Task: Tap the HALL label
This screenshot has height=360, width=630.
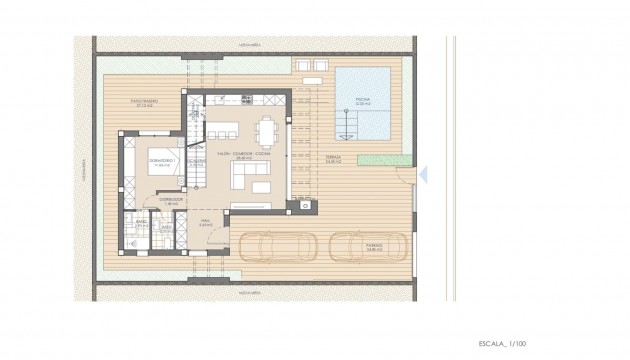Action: click(x=206, y=224)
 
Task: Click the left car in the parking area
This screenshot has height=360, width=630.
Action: click(x=279, y=247)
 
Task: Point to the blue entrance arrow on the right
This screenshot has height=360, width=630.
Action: click(x=423, y=174)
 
